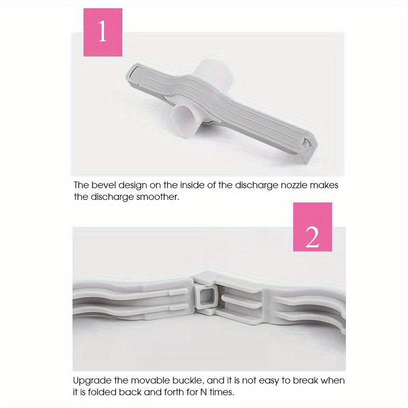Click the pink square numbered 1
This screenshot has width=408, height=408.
[103, 32]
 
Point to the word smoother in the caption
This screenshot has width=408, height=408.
[159, 197]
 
